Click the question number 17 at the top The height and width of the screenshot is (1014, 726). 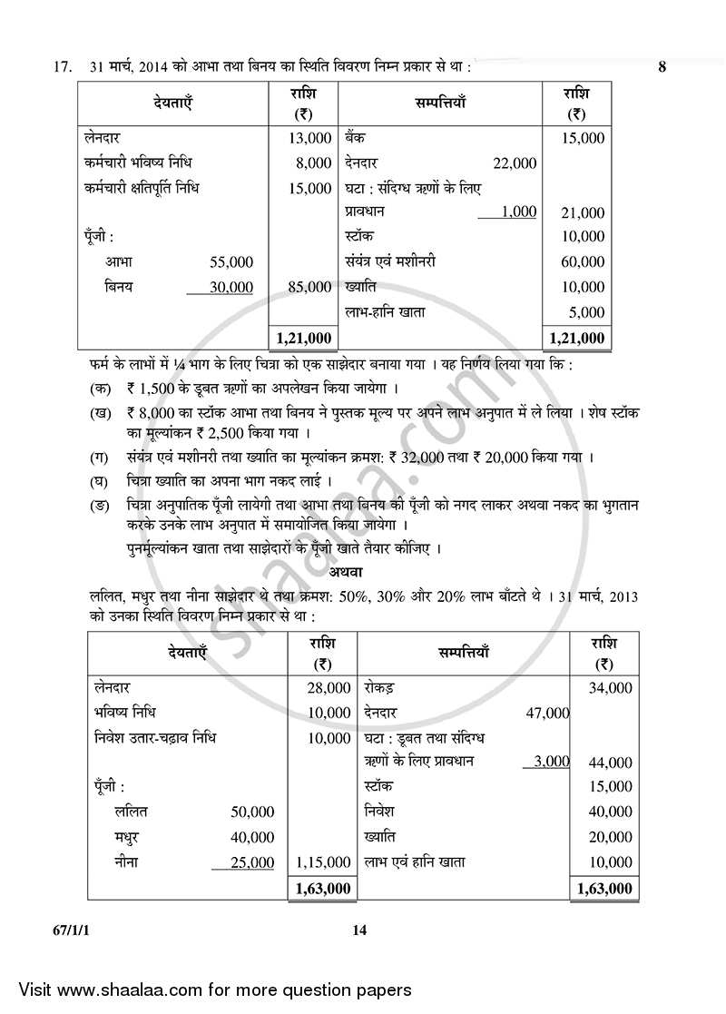point(62,67)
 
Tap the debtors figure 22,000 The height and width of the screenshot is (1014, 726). point(514,163)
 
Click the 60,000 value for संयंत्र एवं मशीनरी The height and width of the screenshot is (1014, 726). point(583,262)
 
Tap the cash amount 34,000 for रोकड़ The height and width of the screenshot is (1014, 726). point(610,688)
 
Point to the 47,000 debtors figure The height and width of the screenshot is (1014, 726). point(547,714)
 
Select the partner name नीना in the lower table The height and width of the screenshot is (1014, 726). point(131,861)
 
